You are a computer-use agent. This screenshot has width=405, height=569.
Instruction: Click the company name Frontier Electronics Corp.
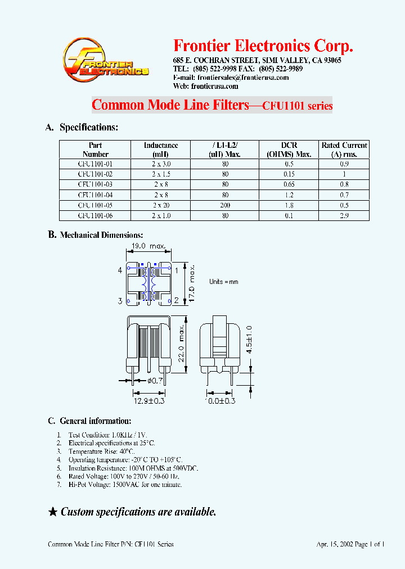263,46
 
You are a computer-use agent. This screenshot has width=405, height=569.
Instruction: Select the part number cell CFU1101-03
95,184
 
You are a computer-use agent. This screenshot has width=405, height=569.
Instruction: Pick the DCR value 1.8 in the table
289,205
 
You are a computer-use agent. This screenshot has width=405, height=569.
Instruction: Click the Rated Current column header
344,150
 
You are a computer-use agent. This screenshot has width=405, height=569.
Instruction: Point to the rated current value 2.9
344,216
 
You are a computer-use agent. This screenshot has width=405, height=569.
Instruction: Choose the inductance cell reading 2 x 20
161,205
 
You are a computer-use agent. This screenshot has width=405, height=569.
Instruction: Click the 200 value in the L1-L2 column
225,205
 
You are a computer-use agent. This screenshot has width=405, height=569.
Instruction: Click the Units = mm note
224,282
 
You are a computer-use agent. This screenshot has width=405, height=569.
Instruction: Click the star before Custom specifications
53,512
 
